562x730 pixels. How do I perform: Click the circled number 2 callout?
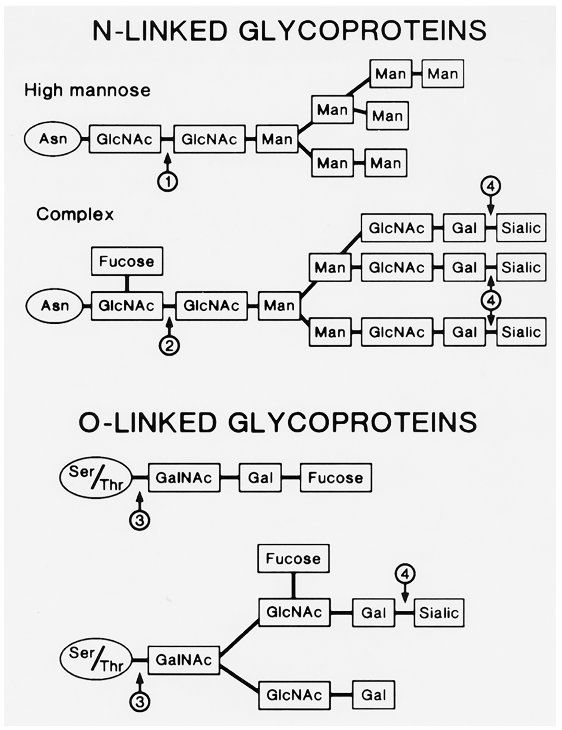(169, 346)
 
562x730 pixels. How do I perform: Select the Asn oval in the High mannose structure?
(53, 139)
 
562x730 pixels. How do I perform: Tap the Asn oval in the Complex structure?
(54, 306)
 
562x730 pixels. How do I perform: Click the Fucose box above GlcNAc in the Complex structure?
(127, 261)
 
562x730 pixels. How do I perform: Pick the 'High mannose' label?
(88, 90)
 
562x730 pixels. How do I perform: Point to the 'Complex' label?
(75, 214)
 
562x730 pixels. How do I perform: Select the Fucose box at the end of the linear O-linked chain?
(336, 478)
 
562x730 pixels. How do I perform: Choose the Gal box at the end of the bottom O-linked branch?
(374, 695)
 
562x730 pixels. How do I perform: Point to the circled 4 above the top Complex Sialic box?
(490, 187)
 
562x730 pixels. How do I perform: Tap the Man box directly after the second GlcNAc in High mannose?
(277, 139)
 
